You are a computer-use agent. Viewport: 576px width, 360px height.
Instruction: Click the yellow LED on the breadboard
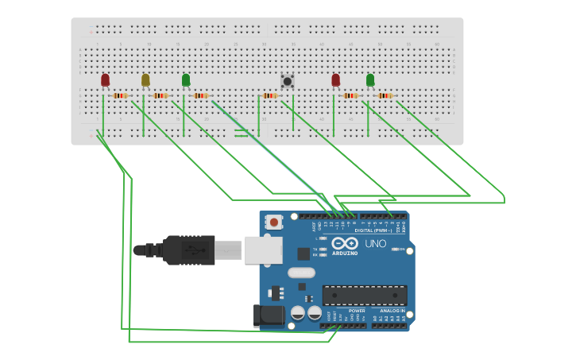(x=145, y=79)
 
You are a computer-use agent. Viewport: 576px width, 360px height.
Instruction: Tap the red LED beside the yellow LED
(x=105, y=79)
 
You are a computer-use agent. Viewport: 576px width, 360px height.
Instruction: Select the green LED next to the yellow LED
(x=186, y=79)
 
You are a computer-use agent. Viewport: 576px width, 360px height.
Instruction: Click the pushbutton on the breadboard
(x=288, y=80)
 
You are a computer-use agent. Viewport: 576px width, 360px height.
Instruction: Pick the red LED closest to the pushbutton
(x=335, y=79)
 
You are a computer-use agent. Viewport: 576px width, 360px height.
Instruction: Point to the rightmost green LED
(x=370, y=79)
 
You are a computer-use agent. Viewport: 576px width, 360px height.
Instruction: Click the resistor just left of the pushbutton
(x=269, y=96)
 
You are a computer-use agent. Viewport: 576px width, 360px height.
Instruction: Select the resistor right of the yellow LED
(x=160, y=96)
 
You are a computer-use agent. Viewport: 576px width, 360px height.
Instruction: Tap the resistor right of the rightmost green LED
(x=385, y=96)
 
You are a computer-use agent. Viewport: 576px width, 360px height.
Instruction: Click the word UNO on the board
(x=375, y=243)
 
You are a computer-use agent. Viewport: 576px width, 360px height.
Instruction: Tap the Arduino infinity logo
(x=345, y=243)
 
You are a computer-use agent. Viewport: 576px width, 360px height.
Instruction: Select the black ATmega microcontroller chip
(x=365, y=296)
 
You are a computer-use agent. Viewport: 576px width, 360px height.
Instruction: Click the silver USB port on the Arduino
(x=263, y=250)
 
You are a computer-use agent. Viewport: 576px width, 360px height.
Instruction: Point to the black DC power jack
(x=269, y=315)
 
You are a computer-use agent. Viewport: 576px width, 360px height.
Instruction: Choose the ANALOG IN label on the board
(x=392, y=311)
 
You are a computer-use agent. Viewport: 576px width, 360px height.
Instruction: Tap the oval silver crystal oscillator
(x=301, y=273)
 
